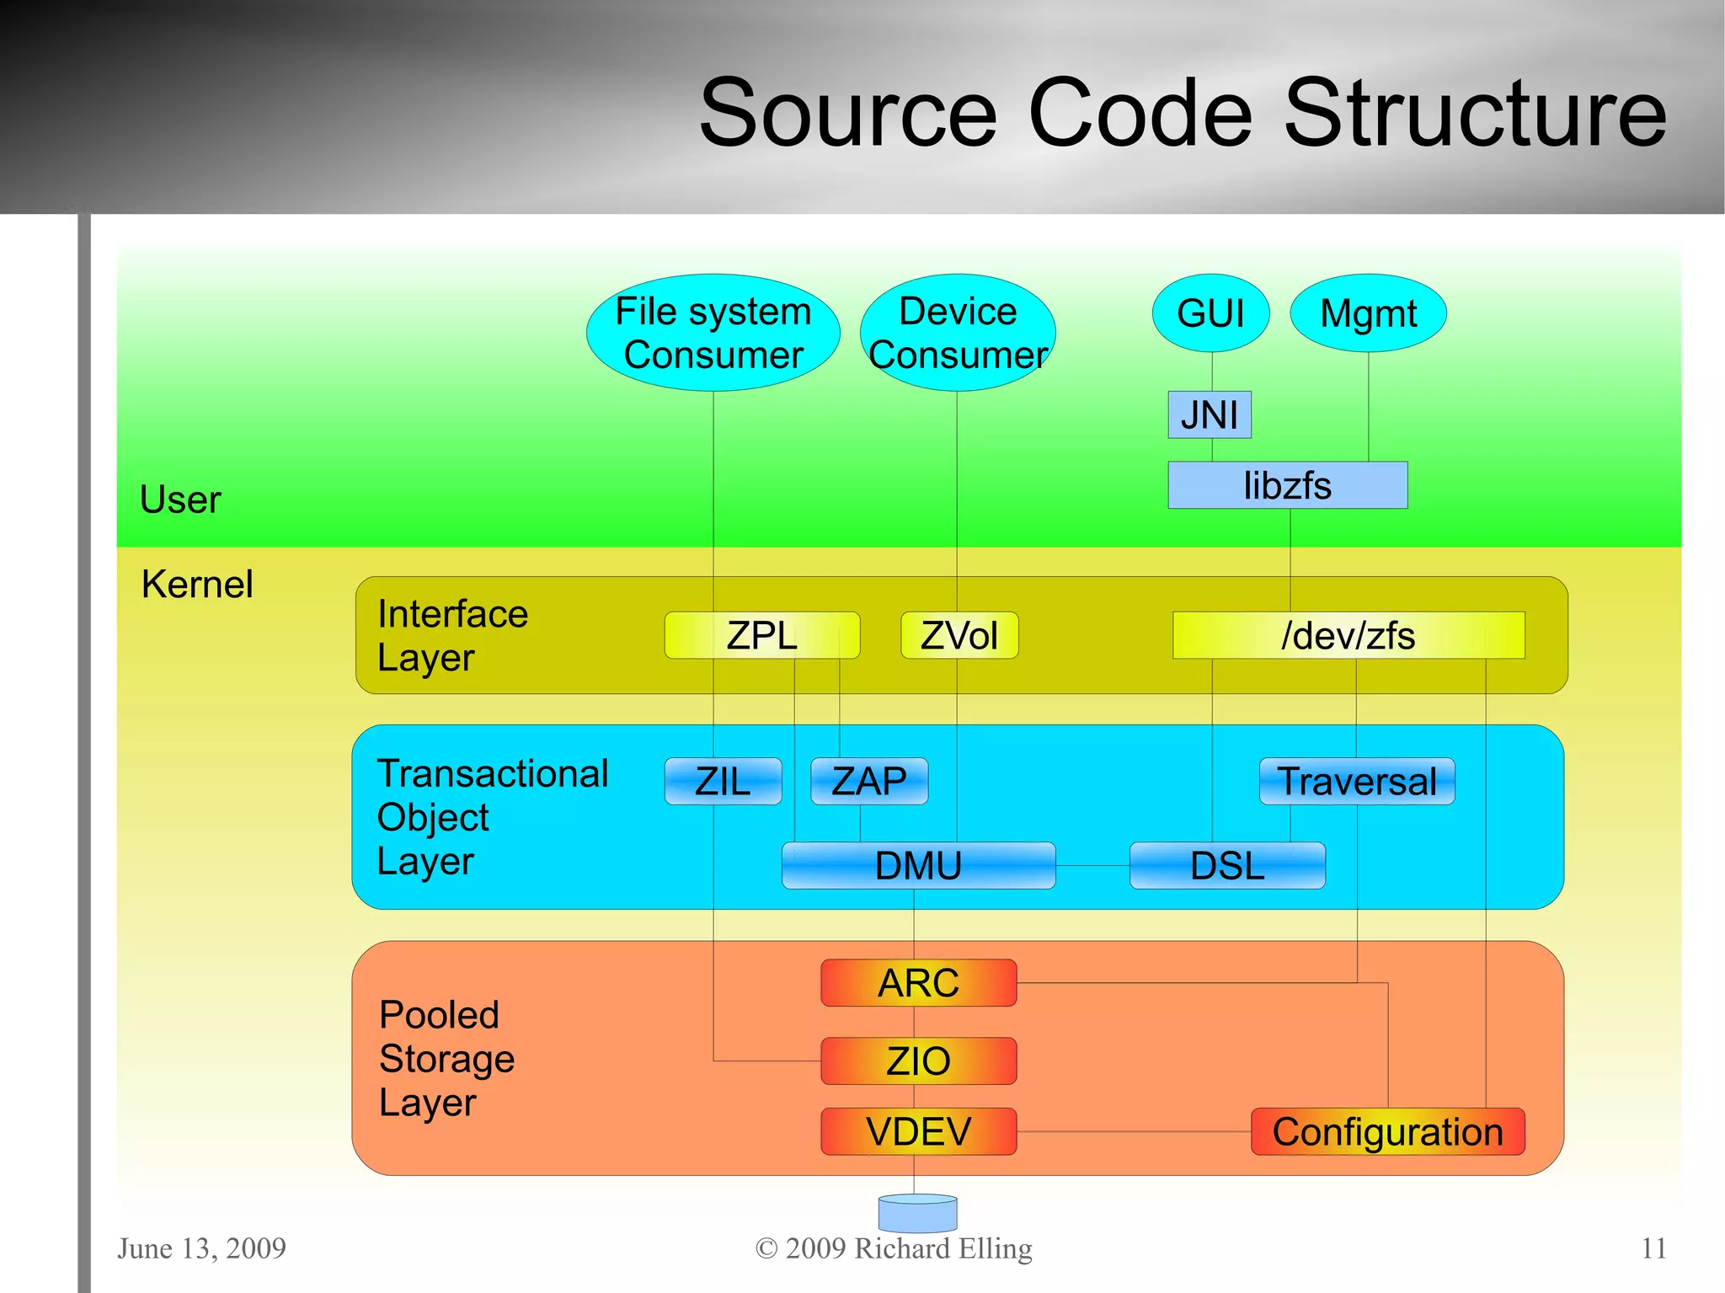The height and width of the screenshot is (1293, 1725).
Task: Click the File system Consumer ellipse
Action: tap(713, 333)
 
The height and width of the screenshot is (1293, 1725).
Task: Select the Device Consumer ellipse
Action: tap(958, 333)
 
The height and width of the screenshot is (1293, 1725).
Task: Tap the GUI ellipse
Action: tap(1210, 313)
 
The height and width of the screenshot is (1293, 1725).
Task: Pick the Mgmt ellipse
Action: tap(1368, 313)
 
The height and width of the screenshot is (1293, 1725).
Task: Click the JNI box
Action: tap(1209, 414)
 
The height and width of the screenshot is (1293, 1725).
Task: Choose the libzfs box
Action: tap(1287, 485)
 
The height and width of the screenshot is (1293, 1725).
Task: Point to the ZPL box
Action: tap(761, 635)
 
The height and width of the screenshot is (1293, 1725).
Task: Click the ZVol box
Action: tap(959, 635)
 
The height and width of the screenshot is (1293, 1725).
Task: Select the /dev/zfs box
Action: tap(1348, 635)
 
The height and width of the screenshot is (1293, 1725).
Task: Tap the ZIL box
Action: tap(723, 782)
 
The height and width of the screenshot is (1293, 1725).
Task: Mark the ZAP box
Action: tap(868, 782)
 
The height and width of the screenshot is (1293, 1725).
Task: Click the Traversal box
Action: tap(1356, 782)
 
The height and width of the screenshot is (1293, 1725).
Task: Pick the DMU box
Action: tap(918, 866)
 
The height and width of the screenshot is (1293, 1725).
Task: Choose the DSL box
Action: tap(1226, 866)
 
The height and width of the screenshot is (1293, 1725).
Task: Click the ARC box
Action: tap(918, 983)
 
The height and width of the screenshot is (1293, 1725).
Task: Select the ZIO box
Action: tap(918, 1061)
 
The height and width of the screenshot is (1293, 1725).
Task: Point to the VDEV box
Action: tap(918, 1131)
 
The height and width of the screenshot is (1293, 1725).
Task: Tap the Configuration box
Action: tap(1387, 1131)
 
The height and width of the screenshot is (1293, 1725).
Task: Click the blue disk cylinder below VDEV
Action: tap(917, 1214)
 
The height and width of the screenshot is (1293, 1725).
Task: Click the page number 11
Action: tap(1653, 1248)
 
